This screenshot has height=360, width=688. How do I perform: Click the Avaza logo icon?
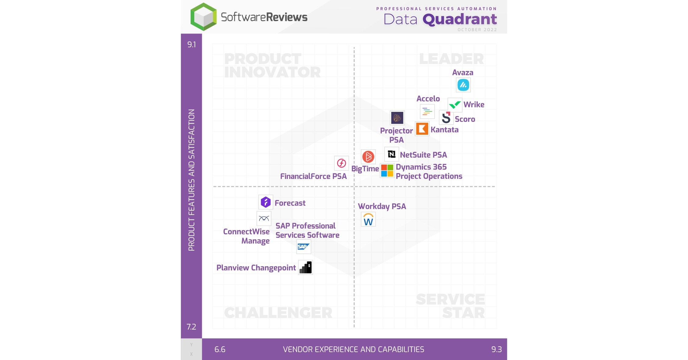(x=463, y=85)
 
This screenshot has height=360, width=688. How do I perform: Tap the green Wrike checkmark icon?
(x=455, y=105)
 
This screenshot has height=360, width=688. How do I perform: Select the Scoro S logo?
(x=446, y=118)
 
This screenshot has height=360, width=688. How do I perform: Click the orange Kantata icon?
(x=422, y=129)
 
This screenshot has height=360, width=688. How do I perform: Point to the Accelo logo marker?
(x=427, y=112)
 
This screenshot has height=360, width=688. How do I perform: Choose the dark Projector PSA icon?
(x=397, y=118)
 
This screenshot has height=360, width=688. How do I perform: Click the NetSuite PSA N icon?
(x=392, y=154)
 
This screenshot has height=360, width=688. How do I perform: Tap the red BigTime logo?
(x=368, y=157)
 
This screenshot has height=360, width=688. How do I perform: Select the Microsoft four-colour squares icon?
(x=387, y=171)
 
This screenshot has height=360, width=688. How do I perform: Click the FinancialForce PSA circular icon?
(x=341, y=163)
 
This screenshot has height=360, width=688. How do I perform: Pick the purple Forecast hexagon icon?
(x=265, y=202)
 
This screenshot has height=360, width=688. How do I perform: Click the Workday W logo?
(x=368, y=219)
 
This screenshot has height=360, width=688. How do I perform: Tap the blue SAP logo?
(x=303, y=247)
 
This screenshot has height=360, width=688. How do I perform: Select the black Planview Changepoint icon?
(x=305, y=267)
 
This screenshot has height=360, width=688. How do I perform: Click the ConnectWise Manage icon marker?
(x=264, y=219)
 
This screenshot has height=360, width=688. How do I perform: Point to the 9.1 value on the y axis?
(x=192, y=45)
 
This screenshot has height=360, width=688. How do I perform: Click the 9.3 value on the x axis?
(x=496, y=349)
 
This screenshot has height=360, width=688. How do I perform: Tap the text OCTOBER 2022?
(x=477, y=30)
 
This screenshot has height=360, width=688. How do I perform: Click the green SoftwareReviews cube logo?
(x=203, y=17)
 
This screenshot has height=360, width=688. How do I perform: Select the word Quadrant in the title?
(x=460, y=20)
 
